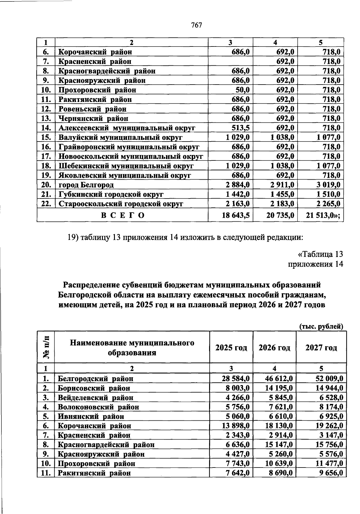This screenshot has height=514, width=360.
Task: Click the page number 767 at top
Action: (196, 25)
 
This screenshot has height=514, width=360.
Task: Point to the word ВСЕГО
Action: (123, 215)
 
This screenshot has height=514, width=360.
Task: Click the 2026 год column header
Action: (274, 348)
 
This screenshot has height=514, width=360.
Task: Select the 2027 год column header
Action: (321, 348)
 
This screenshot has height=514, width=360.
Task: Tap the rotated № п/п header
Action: (46, 347)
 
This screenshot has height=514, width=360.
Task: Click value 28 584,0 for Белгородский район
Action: (235, 379)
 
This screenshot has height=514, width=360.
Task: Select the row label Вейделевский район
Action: (95, 398)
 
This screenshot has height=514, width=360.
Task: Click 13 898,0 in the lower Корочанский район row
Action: (235, 426)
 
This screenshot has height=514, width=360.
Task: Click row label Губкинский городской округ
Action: (111, 195)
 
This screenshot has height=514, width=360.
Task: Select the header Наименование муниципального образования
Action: (132, 348)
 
